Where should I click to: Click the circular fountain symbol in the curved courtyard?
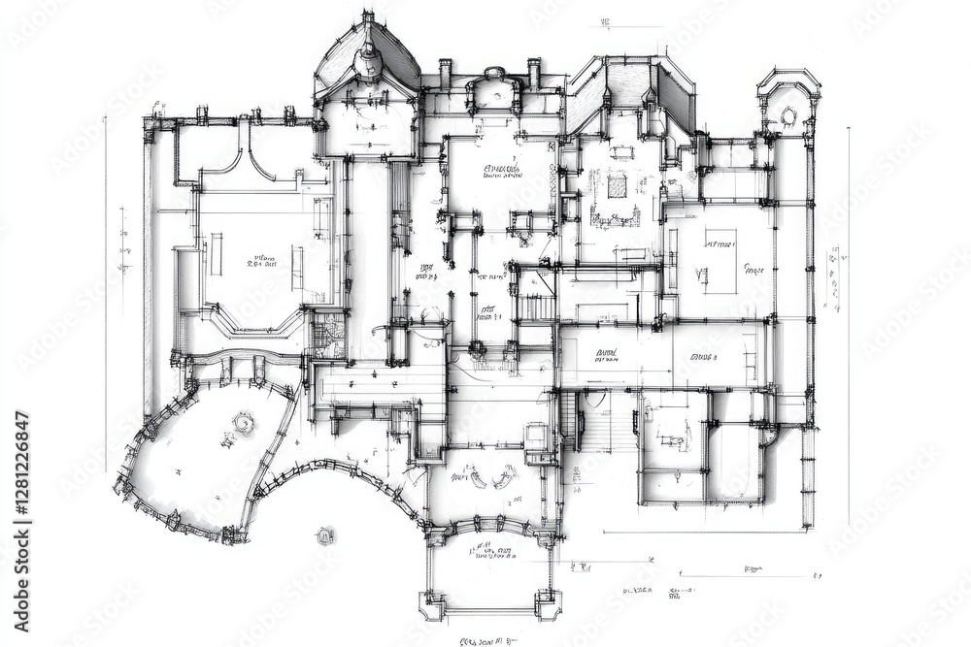tap(243, 422)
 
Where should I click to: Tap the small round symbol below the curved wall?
tap(324, 535)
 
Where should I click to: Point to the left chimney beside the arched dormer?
tap(445, 73)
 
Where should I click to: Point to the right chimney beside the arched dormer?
tap(534, 73)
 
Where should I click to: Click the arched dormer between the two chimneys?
tap(493, 88)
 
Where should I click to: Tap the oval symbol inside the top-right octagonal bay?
tap(788, 116)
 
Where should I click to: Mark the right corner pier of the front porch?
tap(548, 603)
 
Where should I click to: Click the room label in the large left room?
tap(260, 261)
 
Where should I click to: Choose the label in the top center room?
tap(501, 172)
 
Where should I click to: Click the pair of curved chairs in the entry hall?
tap(490, 478)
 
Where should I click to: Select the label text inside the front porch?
tap(493, 552)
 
